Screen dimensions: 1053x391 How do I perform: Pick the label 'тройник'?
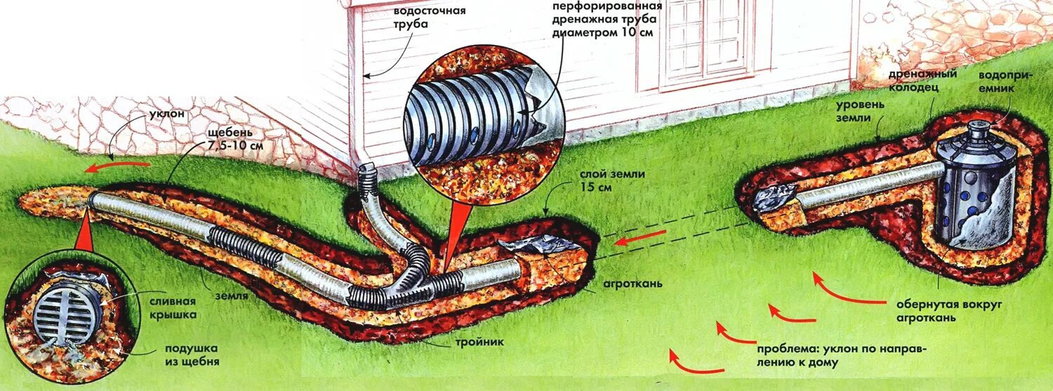(484, 343)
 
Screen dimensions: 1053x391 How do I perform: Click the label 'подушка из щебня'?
(192, 355)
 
